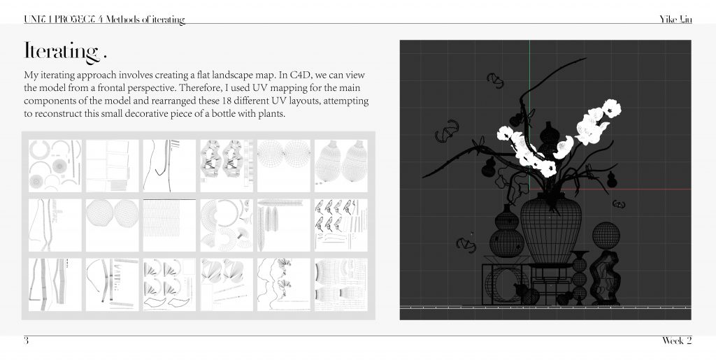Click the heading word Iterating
click(x=62, y=51)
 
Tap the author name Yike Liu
click(x=675, y=19)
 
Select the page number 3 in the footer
click(x=27, y=340)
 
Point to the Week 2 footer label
click(x=677, y=340)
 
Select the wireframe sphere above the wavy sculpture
click(x=606, y=236)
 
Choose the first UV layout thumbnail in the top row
click(x=55, y=166)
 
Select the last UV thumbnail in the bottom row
click(x=341, y=285)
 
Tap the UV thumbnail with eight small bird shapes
click(x=341, y=225)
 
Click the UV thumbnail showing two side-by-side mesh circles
click(x=113, y=225)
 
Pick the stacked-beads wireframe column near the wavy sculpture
click(x=579, y=278)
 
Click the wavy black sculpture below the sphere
click(x=605, y=278)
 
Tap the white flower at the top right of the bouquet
click(x=611, y=108)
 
